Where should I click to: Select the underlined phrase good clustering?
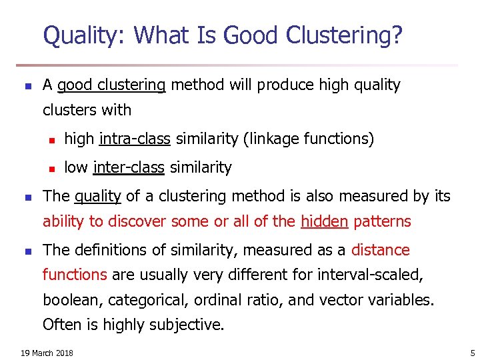pos(111,85)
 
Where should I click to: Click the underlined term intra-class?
pos(135,139)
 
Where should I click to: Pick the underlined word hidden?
pos(324,221)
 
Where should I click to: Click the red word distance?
pos(381,250)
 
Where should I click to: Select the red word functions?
pos(75,275)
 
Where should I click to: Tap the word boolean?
pos(69,300)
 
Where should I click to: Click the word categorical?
pos(138,300)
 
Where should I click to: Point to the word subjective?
pos(190,325)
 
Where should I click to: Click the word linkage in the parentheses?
pos(273,139)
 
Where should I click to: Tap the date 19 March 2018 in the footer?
pos(47,353)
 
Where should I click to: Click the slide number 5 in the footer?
pos(472,353)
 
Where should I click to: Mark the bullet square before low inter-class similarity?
pos(51,168)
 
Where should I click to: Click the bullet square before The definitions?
pos(27,251)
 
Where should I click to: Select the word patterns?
pos(382,221)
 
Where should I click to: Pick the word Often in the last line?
pos(59,325)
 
